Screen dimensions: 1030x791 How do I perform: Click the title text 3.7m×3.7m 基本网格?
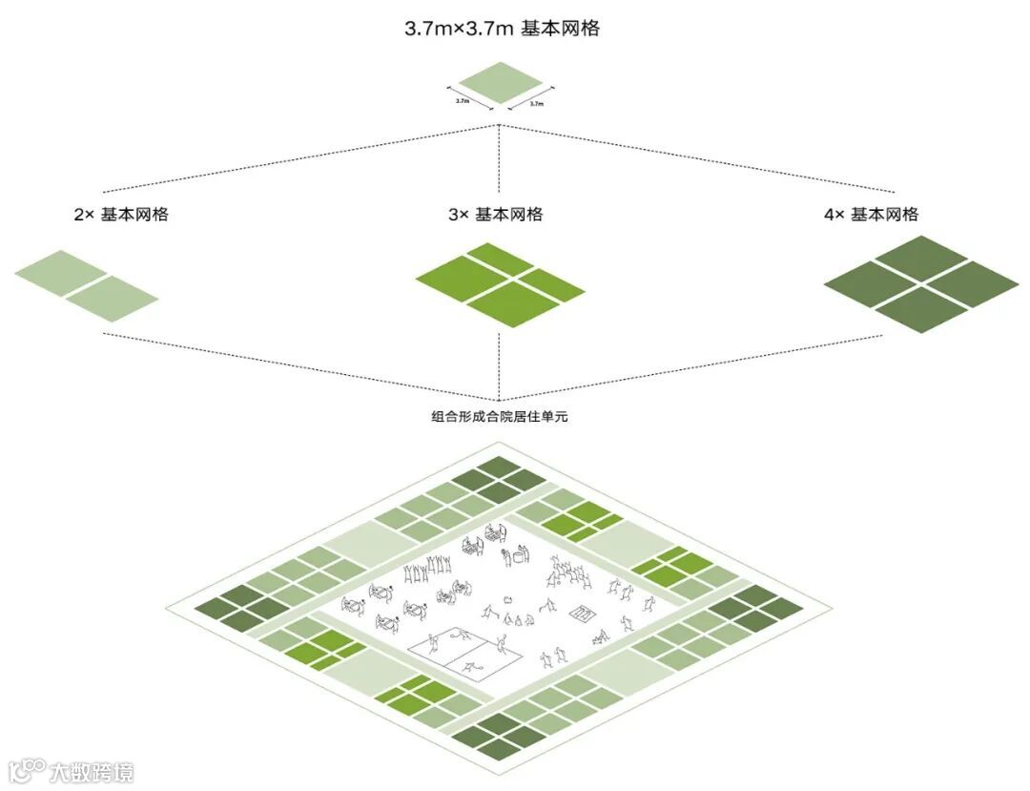coord(502,29)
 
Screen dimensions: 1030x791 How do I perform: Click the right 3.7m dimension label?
coord(536,102)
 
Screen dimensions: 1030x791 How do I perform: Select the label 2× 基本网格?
coord(121,215)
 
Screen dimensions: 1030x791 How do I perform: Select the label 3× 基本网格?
coord(496,215)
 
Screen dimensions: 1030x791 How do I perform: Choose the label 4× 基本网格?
coord(871,215)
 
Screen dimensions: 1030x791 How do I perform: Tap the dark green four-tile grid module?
coord(921,283)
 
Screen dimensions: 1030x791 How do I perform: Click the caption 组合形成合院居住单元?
coord(499,416)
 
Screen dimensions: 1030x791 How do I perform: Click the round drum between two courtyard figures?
coord(520,554)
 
